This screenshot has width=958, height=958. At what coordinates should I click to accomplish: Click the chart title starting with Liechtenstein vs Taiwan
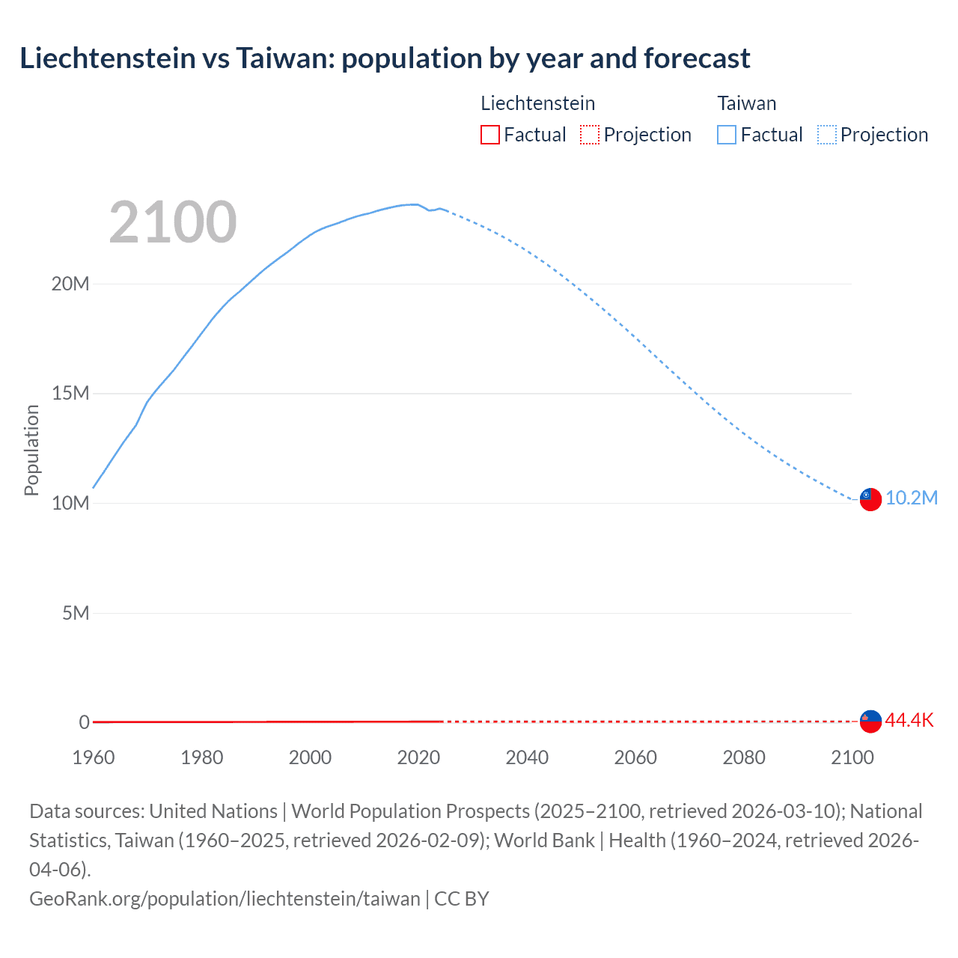point(385,58)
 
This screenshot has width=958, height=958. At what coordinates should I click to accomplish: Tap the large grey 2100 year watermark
point(173,222)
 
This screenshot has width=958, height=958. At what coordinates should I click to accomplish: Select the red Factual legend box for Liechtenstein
point(489,135)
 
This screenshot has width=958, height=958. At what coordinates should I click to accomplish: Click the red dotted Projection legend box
point(590,135)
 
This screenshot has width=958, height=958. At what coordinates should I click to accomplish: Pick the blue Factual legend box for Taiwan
point(726,135)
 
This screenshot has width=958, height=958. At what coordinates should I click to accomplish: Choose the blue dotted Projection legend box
point(827,135)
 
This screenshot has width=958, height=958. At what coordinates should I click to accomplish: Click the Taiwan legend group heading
point(746,103)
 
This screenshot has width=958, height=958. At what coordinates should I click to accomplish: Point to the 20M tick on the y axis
point(70,284)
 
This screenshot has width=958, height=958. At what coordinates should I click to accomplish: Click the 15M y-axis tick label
point(70,394)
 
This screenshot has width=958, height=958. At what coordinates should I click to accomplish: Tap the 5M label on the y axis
point(75,613)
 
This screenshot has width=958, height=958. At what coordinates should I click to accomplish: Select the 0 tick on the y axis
point(84,722)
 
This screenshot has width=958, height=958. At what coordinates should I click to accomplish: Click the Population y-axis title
point(31,450)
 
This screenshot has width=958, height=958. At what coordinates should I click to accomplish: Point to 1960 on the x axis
point(94,757)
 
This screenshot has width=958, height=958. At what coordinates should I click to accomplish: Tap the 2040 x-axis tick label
point(527,757)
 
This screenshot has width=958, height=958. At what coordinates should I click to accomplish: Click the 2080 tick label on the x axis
point(744,757)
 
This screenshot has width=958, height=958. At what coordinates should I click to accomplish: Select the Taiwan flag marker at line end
point(870,499)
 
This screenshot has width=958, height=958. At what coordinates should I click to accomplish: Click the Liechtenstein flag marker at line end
point(870,721)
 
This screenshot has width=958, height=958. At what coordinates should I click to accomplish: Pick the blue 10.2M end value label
point(911,498)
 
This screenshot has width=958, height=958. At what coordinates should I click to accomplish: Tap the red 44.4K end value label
point(909,721)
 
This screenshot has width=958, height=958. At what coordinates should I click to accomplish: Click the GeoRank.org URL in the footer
point(225,898)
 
